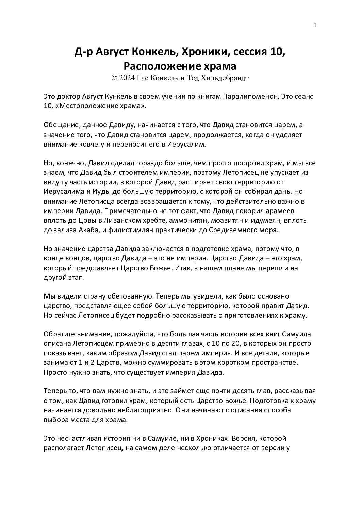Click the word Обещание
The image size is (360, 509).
coord(61,125)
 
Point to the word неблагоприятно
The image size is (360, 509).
coord(142,410)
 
